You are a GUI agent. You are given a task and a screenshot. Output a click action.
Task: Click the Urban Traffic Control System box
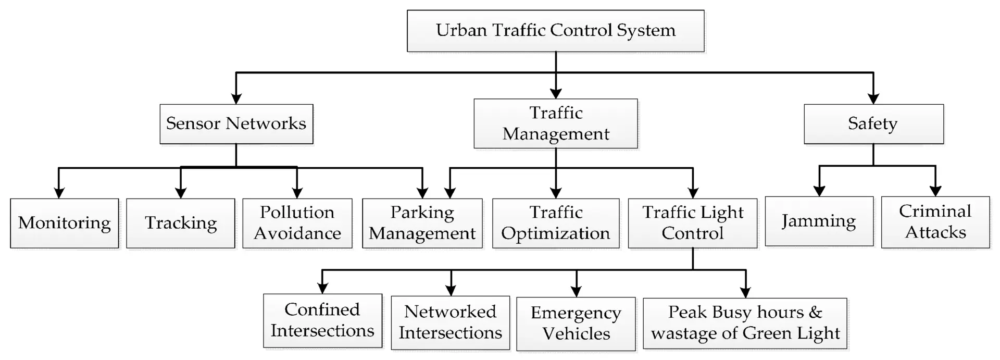(555, 31)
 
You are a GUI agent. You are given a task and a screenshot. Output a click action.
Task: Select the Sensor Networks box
(236, 124)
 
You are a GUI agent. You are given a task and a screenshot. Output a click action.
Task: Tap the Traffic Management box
(556, 123)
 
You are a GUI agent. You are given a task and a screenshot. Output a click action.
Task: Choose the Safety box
(873, 124)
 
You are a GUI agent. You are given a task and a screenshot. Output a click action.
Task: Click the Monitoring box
(65, 223)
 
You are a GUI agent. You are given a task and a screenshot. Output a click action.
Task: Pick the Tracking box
(181, 223)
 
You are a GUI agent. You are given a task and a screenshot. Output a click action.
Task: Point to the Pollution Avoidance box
(297, 223)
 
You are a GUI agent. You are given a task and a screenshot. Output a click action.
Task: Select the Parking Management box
(422, 223)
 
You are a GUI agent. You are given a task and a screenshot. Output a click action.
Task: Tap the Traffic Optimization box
(556, 223)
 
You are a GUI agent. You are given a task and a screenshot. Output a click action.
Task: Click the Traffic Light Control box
(693, 223)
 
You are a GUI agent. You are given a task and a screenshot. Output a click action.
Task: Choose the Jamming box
(819, 221)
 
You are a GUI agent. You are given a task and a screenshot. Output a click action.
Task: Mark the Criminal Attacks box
(935, 222)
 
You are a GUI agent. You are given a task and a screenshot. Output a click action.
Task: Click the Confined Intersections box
(322, 320)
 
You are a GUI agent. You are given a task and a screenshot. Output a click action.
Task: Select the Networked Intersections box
(451, 322)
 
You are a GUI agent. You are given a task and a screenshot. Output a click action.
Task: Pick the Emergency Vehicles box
(576, 324)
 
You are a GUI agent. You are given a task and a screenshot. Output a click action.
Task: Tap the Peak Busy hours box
(745, 323)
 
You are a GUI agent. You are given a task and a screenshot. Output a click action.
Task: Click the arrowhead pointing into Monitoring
(59, 193)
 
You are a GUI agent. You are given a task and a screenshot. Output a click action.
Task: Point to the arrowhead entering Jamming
(819, 191)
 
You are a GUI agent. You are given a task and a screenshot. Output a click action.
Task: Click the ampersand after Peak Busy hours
(815, 312)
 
